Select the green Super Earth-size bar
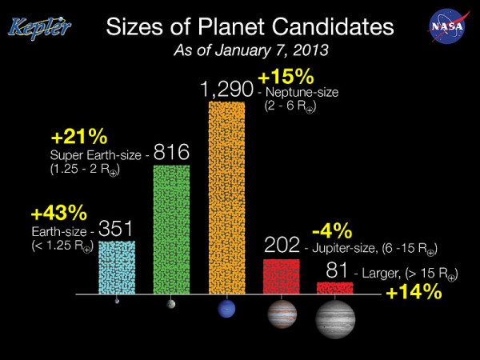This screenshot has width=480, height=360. click(x=171, y=229)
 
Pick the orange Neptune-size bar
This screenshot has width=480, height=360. click(x=226, y=197)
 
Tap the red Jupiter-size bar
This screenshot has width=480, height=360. click(x=281, y=276)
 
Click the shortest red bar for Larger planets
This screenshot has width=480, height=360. click(x=335, y=287)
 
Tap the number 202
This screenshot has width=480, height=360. click(x=282, y=245)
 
